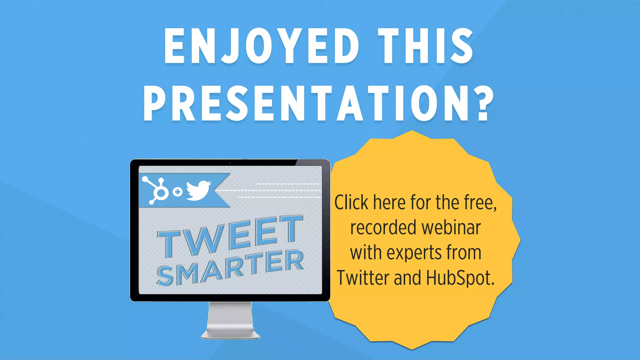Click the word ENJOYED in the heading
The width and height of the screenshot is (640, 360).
[261, 46]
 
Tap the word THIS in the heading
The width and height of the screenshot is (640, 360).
[425, 46]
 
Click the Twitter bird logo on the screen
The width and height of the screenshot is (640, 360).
[198, 190]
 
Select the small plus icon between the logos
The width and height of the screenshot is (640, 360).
[177, 192]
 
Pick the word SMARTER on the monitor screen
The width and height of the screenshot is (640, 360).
[231, 268]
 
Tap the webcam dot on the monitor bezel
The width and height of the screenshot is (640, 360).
[230, 163]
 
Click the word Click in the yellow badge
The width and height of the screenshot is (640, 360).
[351, 202]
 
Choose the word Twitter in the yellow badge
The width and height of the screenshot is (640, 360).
[362, 277]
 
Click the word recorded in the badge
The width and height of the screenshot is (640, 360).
[383, 227]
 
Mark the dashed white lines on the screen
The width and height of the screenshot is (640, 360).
[278, 191]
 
